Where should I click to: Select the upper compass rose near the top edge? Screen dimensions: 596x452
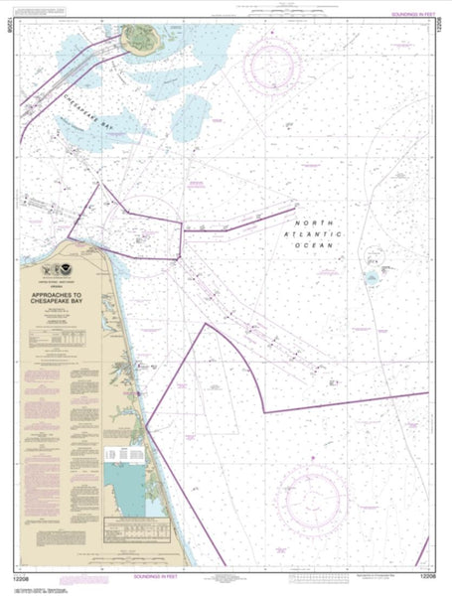coord(274,69)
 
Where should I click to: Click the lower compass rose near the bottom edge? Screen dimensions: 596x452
coord(312,497)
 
